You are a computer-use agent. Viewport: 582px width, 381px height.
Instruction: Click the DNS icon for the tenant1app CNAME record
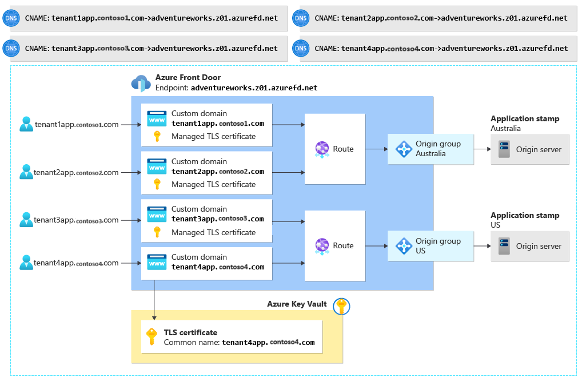click(11, 18)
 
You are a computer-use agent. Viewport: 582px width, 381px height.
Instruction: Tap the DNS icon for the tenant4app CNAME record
click(301, 48)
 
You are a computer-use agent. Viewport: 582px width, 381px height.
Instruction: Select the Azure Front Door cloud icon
click(141, 83)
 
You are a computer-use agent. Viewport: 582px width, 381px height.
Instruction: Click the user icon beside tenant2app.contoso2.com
click(26, 172)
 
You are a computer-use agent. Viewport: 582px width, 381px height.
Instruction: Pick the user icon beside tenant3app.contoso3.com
click(26, 220)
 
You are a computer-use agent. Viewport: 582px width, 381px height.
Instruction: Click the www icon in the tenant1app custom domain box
click(157, 118)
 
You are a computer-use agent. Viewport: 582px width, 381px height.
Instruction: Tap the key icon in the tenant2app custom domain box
click(157, 184)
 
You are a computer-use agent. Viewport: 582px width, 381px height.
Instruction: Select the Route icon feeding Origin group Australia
click(322, 149)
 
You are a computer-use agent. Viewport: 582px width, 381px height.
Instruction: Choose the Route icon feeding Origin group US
click(322, 246)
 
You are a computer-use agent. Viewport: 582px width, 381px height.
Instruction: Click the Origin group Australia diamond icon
click(404, 149)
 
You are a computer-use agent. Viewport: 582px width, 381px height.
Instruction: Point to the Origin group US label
click(438, 245)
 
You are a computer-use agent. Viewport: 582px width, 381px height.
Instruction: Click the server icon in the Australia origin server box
click(504, 149)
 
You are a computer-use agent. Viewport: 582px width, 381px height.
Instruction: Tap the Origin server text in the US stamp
click(539, 246)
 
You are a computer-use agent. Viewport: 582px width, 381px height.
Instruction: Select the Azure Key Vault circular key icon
click(341, 307)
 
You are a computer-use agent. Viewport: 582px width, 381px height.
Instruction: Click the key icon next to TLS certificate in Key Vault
click(152, 336)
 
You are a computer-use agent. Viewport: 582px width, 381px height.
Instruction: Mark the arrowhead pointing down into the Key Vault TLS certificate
click(154, 318)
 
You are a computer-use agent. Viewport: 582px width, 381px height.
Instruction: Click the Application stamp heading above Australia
click(525, 119)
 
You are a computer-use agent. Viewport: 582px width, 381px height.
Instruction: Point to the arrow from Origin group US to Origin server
click(482, 246)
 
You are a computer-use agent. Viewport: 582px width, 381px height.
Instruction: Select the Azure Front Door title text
click(188, 77)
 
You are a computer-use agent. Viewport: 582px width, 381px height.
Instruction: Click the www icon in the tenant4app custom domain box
click(157, 262)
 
